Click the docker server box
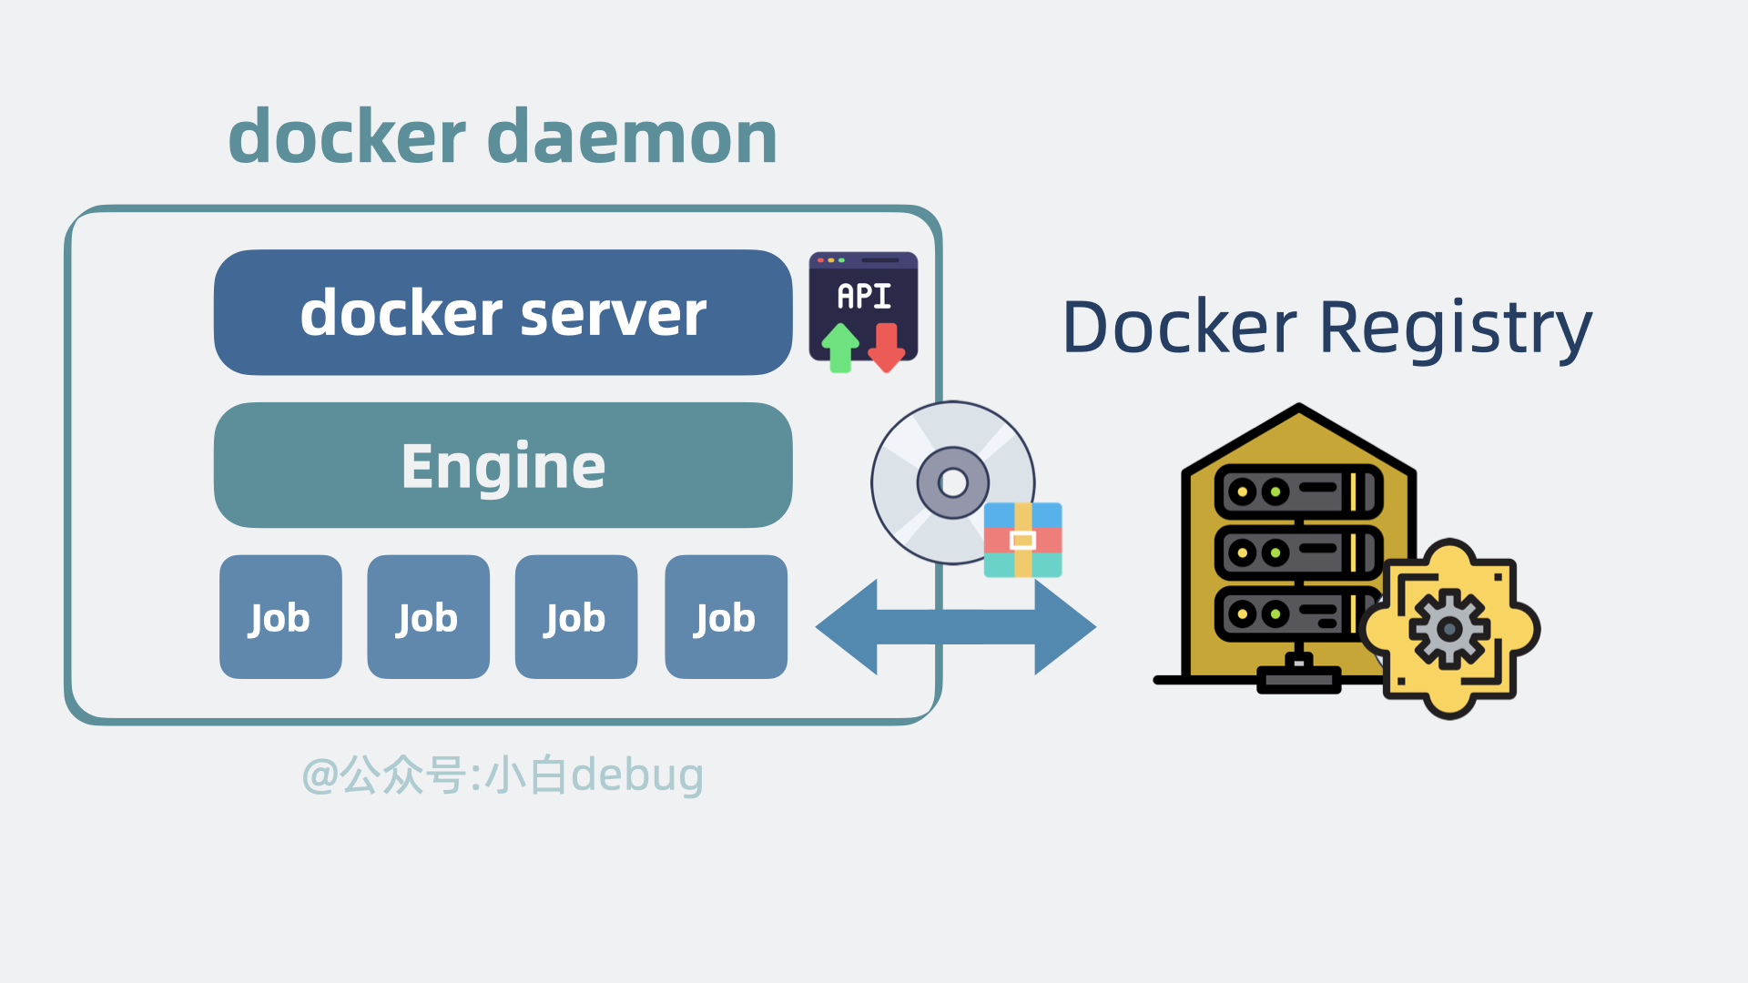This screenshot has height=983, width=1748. point(503,312)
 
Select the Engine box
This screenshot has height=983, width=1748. point(503,465)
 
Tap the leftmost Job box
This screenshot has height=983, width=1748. point(280,617)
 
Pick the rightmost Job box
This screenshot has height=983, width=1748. point(726,617)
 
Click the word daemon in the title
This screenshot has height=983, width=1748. point(632,137)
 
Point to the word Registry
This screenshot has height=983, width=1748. point(1455,328)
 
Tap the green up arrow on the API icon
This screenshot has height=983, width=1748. point(840,349)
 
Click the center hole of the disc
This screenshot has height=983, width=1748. point(952,482)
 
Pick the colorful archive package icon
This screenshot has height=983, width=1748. point(1022,540)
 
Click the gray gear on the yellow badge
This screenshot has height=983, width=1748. point(1448,628)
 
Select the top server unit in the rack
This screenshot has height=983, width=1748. point(1297,491)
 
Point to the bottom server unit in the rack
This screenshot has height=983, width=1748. point(1293,613)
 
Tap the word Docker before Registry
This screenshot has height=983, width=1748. point(1180,328)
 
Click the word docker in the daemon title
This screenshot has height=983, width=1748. point(347,137)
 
